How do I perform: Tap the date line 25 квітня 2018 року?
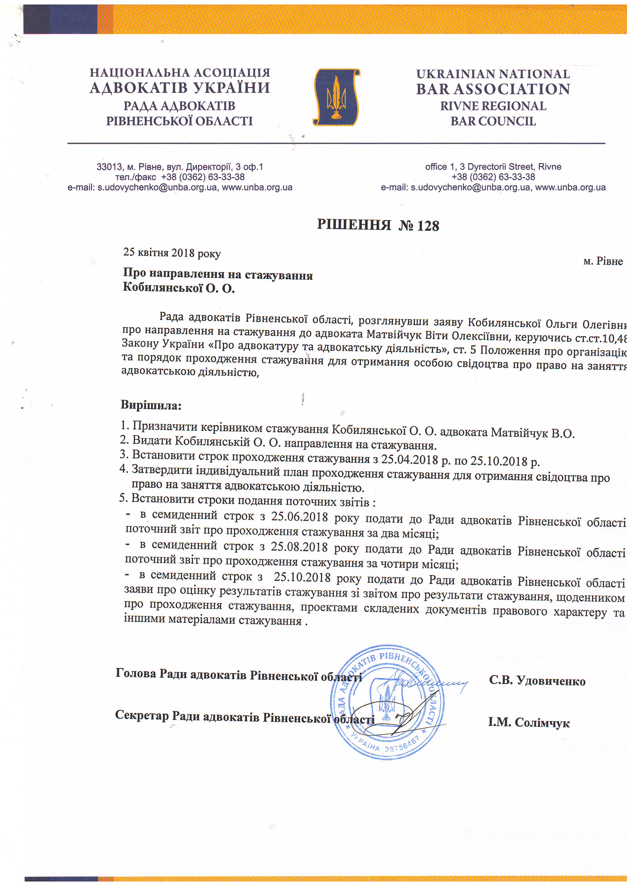[172, 253]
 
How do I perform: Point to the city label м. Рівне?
[603, 261]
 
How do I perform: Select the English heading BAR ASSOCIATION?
[493, 89]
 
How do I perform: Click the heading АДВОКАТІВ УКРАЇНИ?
[180, 88]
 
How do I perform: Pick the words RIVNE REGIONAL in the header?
[493, 106]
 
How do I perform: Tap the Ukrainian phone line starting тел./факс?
[180, 177]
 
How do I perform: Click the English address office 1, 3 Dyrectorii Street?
[493, 167]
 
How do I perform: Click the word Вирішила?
[151, 405]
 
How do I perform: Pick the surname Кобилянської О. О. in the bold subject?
[179, 288]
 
